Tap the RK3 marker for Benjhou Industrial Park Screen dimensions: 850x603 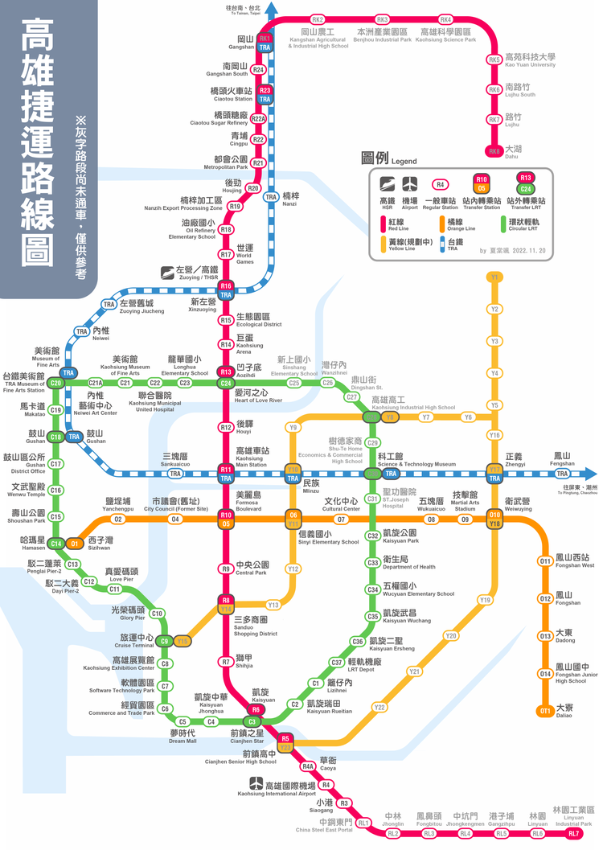[x=383, y=19]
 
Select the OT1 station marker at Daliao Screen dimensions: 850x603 [x=545, y=710]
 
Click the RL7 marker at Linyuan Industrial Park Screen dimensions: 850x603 [x=574, y=833]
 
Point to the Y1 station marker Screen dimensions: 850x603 [x=494, y=277]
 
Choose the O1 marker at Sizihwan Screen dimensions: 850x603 [x=74, y=544]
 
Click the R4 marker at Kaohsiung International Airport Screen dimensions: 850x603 [x=326, y=785]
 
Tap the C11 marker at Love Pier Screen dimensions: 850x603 [x=115, y=589]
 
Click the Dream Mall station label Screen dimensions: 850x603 [x=183, y=736]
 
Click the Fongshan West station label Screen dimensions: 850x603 [x=574, y=561]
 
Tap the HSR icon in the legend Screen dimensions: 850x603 [x=387, y=183]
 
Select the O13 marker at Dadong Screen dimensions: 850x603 [x=545, y=636]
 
